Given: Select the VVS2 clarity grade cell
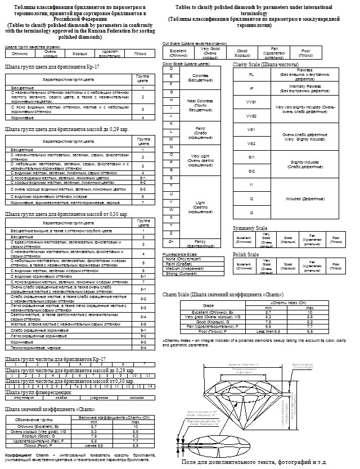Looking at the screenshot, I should point(251,115).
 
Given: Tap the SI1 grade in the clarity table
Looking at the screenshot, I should point(251,157).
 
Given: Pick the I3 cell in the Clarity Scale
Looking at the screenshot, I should point(251,213).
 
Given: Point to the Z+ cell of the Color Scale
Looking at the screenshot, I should point(170,241).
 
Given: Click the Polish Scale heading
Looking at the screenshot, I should point(246,255).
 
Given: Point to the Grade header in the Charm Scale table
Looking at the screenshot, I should point(208,304).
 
